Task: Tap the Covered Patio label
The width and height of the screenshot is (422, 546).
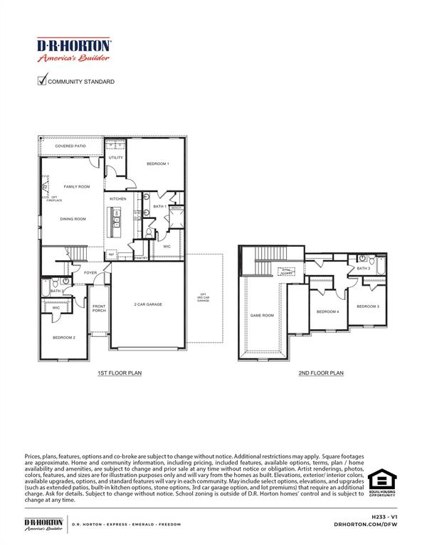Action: click(70, 146)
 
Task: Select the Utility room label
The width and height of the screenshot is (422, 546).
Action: click(116, 158)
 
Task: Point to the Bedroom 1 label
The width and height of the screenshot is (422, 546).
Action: click(158, 164)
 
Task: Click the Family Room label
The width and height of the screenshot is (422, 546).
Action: click(77, 186)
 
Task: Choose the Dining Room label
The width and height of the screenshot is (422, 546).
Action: click(73, 219)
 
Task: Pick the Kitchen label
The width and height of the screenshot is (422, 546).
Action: click(118, 198)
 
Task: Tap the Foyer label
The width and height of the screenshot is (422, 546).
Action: click(90, 272)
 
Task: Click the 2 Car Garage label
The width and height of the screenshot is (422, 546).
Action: click(149, 304)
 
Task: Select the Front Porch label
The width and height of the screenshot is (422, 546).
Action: click(99, 309)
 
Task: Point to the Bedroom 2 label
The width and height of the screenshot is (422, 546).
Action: click(63, 337)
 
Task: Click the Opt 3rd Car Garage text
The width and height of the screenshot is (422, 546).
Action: click(203, 298)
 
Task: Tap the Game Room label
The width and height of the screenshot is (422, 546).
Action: click(262, 315)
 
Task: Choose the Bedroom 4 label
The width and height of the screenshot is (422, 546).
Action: click(327, 311)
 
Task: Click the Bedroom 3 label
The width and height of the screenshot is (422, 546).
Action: click(368, 306)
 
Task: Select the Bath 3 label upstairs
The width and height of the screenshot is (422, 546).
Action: click(364, 269)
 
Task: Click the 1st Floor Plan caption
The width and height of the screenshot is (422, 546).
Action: click(120, 373)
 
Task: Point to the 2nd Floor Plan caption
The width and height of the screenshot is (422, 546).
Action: click(321, 373)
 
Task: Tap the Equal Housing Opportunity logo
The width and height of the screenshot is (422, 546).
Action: click(382, 482)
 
